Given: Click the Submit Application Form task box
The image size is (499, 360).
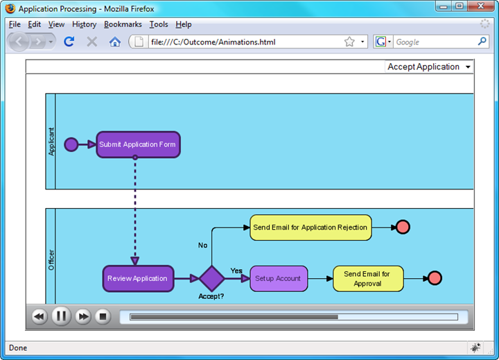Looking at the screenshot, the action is tap(138, 145).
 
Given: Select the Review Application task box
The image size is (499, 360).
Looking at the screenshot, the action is tap(138, 278).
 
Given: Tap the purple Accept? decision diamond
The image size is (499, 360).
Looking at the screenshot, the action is tap(211, 278).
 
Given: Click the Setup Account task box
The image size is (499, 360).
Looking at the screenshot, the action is tap(279, 279).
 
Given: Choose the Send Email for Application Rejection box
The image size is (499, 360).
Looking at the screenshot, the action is tap(310, 228).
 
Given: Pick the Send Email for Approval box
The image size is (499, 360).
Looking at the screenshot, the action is tap(368, 279).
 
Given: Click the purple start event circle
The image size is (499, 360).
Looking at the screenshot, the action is tap(71, 145).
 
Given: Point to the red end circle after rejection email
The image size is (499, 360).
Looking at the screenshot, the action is tap(403, 227).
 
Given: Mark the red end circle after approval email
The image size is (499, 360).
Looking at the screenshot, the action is tap(435, 278).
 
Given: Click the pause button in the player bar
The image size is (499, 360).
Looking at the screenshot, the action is tap(61, 316).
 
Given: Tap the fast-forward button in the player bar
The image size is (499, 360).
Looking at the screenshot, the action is tap(83, 316).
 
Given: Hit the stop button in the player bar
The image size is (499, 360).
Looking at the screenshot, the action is tap(103, 316).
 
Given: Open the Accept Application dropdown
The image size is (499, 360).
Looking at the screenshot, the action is tap(429, 67).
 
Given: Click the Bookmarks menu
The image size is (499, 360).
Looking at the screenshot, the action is tap(123, 24).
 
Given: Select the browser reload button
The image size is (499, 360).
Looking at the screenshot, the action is tap(69, 42).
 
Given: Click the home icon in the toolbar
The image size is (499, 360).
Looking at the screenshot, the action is tap(115, 42).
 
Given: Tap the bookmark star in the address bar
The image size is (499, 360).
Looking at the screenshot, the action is tap(349, 42).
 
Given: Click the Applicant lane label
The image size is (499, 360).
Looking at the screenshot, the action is tap(51, 142).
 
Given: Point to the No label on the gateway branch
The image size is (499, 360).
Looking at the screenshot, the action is tap(202, 245).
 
